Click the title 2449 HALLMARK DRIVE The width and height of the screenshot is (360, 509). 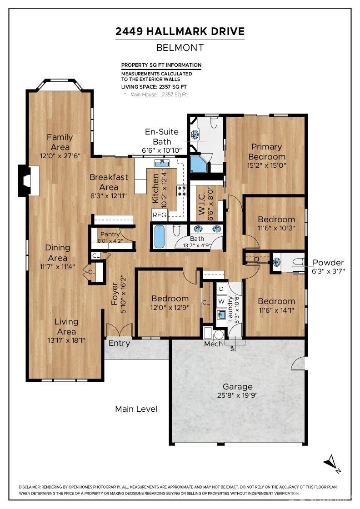180,31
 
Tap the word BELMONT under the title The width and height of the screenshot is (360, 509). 180,47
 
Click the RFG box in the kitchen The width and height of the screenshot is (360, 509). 159,215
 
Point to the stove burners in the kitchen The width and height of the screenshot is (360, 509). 181,191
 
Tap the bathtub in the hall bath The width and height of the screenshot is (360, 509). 159,236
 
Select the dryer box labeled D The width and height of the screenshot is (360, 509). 221,289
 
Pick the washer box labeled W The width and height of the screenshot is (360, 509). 221,301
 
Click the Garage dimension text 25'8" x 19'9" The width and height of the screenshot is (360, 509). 238,395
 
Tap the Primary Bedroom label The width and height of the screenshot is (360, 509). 266,152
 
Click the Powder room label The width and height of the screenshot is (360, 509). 329,263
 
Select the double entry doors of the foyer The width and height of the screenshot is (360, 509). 119,330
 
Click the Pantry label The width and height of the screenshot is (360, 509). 110,235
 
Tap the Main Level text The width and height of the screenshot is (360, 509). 136,409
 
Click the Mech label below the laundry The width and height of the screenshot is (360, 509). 213,344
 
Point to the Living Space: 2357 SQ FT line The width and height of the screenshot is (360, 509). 154,86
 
